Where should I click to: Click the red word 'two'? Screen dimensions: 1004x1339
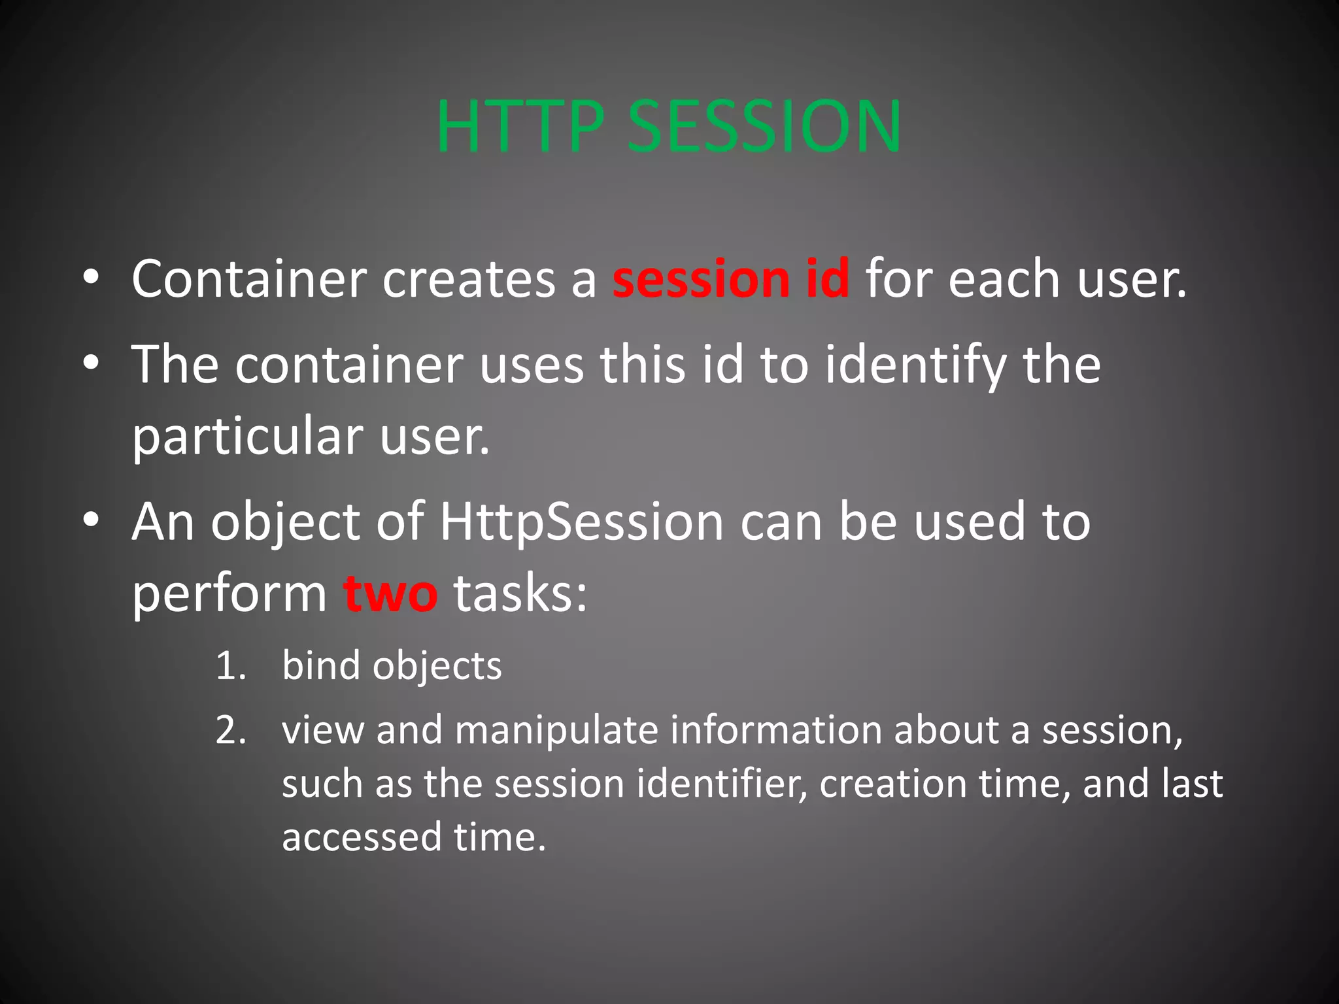pos(390,594)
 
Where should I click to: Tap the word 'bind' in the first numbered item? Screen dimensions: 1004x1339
pos(321,665)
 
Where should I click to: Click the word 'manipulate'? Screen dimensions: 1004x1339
pos(556,730)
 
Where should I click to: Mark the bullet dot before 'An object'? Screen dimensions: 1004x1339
pos(91,520)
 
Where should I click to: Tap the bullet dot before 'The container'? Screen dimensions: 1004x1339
pos(91,363)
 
